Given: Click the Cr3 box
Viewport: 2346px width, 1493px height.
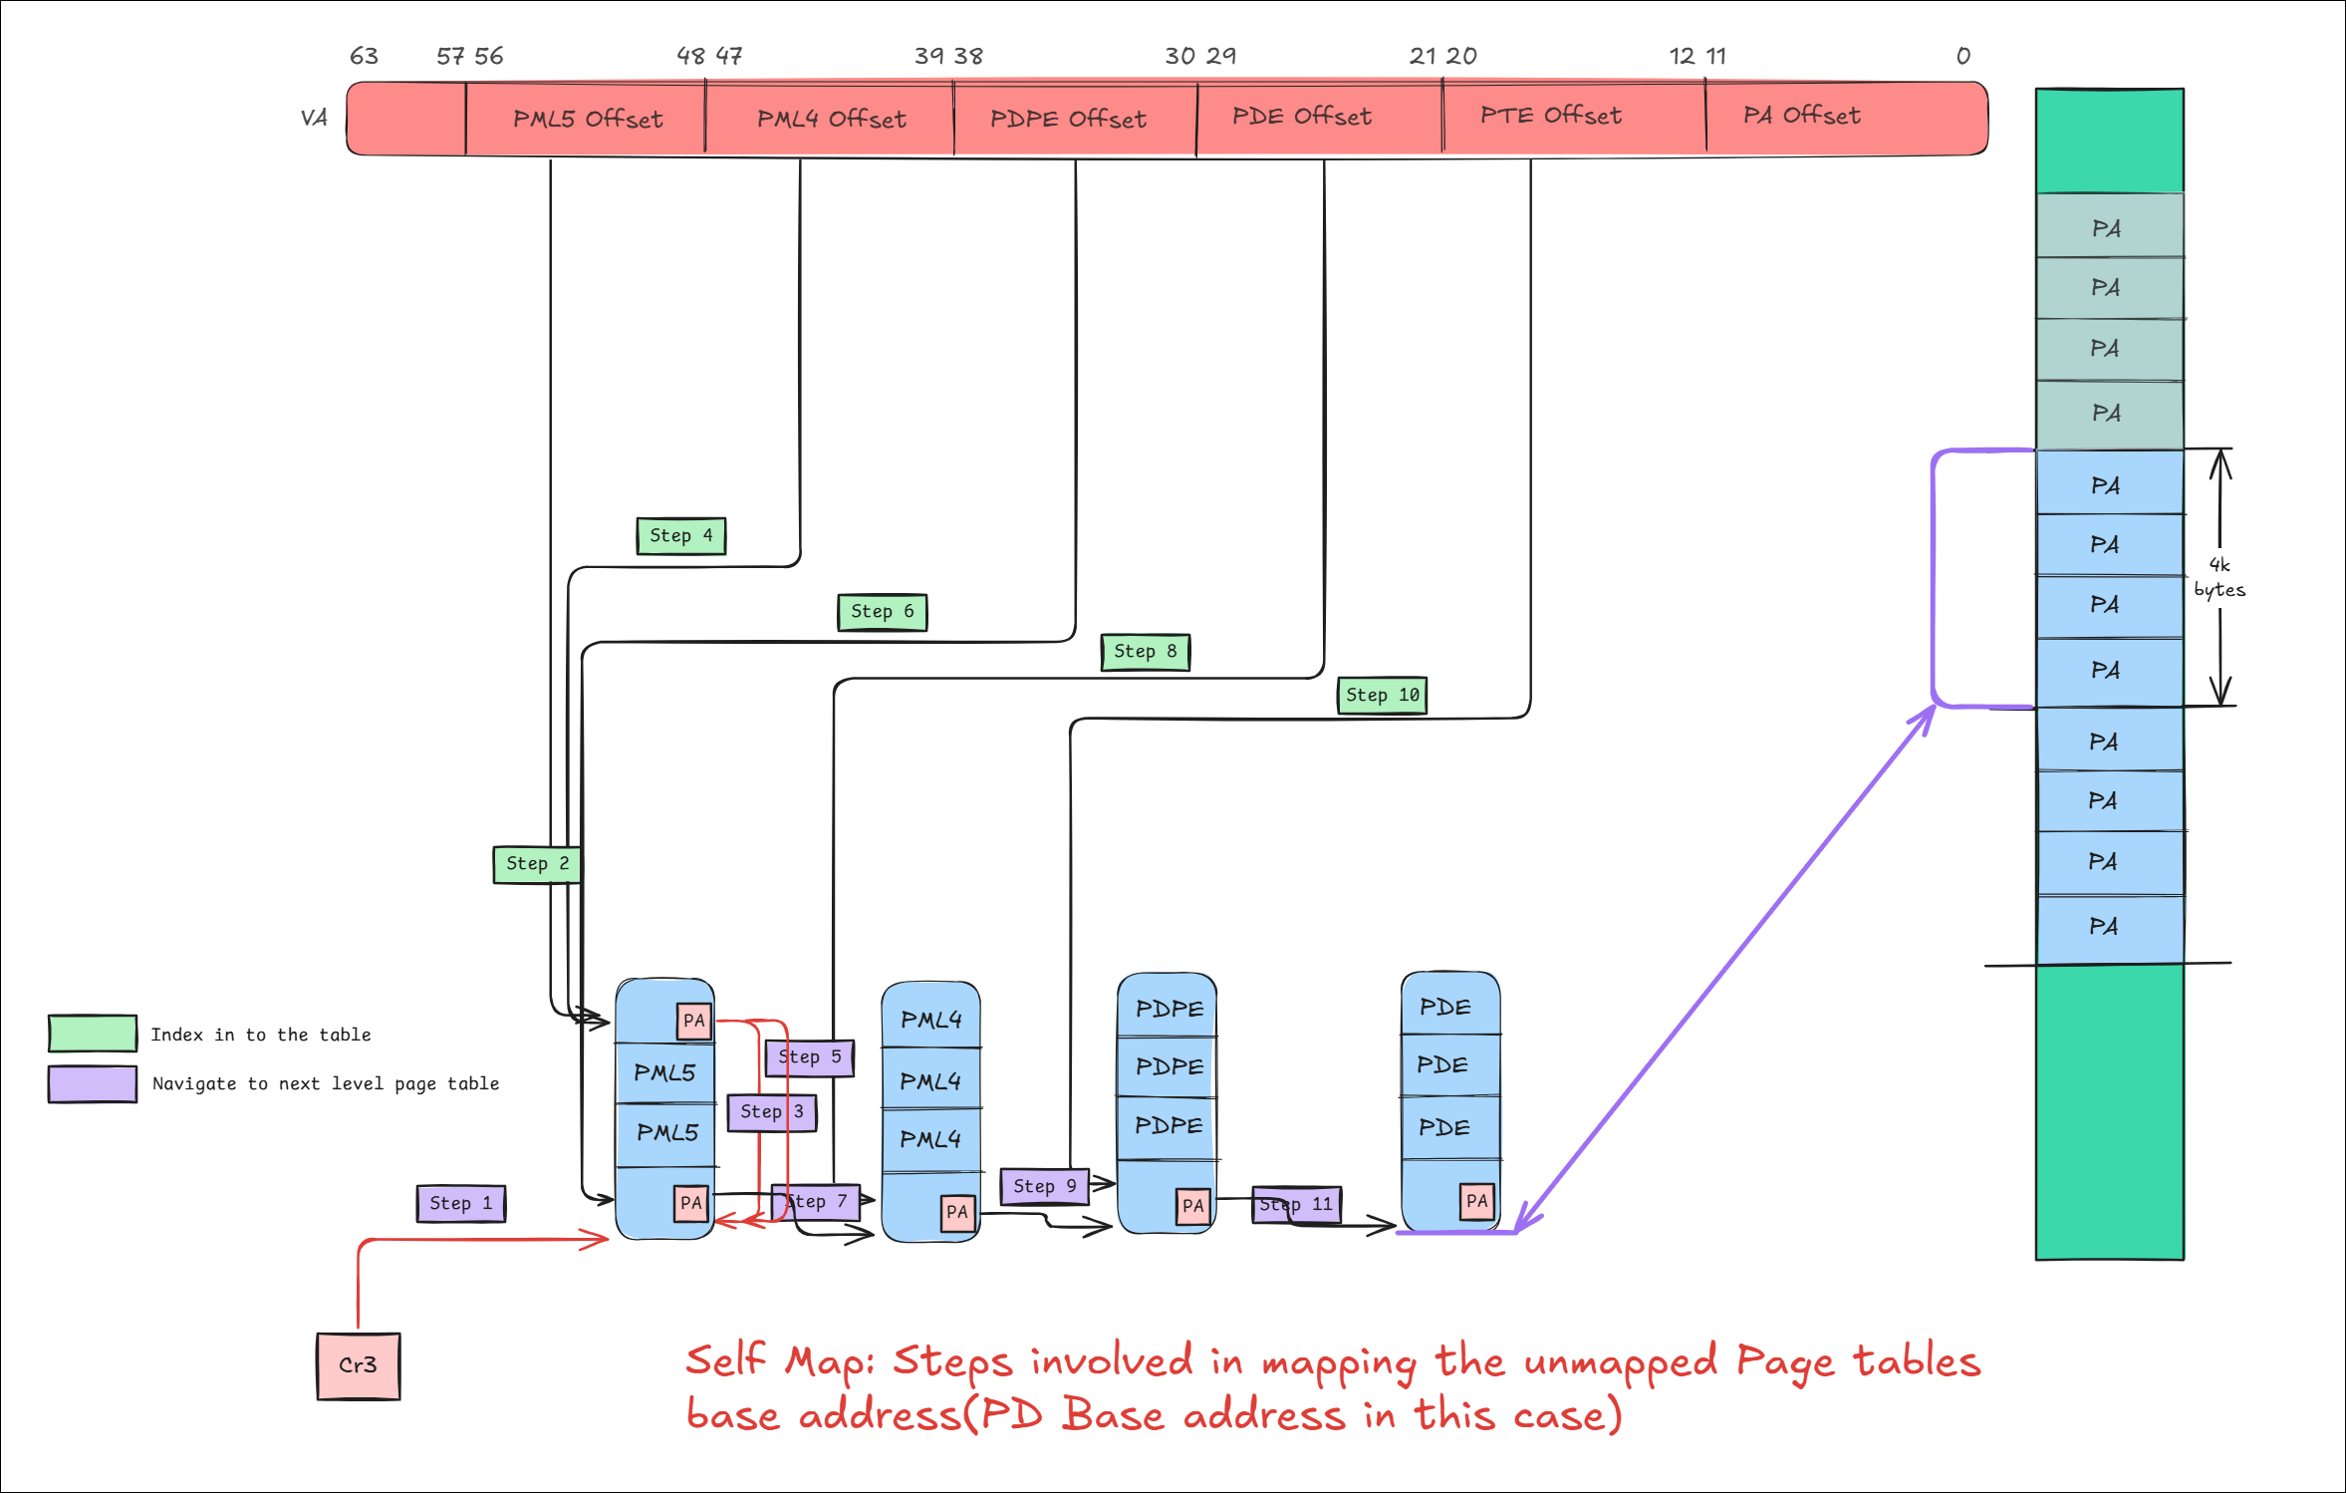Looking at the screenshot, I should (x=359, y=1365).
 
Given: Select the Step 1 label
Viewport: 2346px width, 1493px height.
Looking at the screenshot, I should (x=461, y=1203).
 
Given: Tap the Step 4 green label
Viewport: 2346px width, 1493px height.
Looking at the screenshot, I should (x=681, y=536).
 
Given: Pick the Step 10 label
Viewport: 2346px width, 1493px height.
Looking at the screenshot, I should (x=1382, y=695).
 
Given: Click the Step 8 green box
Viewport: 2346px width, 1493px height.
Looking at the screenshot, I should (x=1146, y=652).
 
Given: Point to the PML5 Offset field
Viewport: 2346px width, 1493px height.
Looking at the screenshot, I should (x=587, y=120).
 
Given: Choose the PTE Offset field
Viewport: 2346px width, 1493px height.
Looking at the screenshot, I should (x=1551, y=117).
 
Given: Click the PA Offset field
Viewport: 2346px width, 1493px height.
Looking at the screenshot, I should (x=1801, y=117).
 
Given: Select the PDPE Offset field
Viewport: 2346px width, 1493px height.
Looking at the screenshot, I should (x=1068, y=120).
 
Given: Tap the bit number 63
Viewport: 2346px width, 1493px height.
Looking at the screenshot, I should (x=364, y=56).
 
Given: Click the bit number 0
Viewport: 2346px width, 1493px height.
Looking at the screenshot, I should (x=1962, y=56).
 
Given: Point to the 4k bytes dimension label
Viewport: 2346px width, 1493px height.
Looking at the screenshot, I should (x=2219, y=577).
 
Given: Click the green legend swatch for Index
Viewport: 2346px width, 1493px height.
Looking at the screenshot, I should (x=93, y=1034).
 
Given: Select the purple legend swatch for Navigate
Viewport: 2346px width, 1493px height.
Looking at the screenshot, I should (x=93, y=1083).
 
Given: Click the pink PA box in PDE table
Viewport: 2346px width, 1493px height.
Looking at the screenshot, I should (x=1476, y=1201).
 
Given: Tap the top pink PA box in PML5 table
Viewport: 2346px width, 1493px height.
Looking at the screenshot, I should (x=694, y=1021).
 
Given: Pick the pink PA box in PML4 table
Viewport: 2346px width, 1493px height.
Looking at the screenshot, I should (x=957, y=1212).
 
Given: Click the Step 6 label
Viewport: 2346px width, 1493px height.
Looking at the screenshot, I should (x=883, y=612).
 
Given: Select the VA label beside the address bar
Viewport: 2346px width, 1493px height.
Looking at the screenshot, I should (x=314, y=118).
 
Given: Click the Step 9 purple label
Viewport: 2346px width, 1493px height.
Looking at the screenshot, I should (x=1044, y=1186).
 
